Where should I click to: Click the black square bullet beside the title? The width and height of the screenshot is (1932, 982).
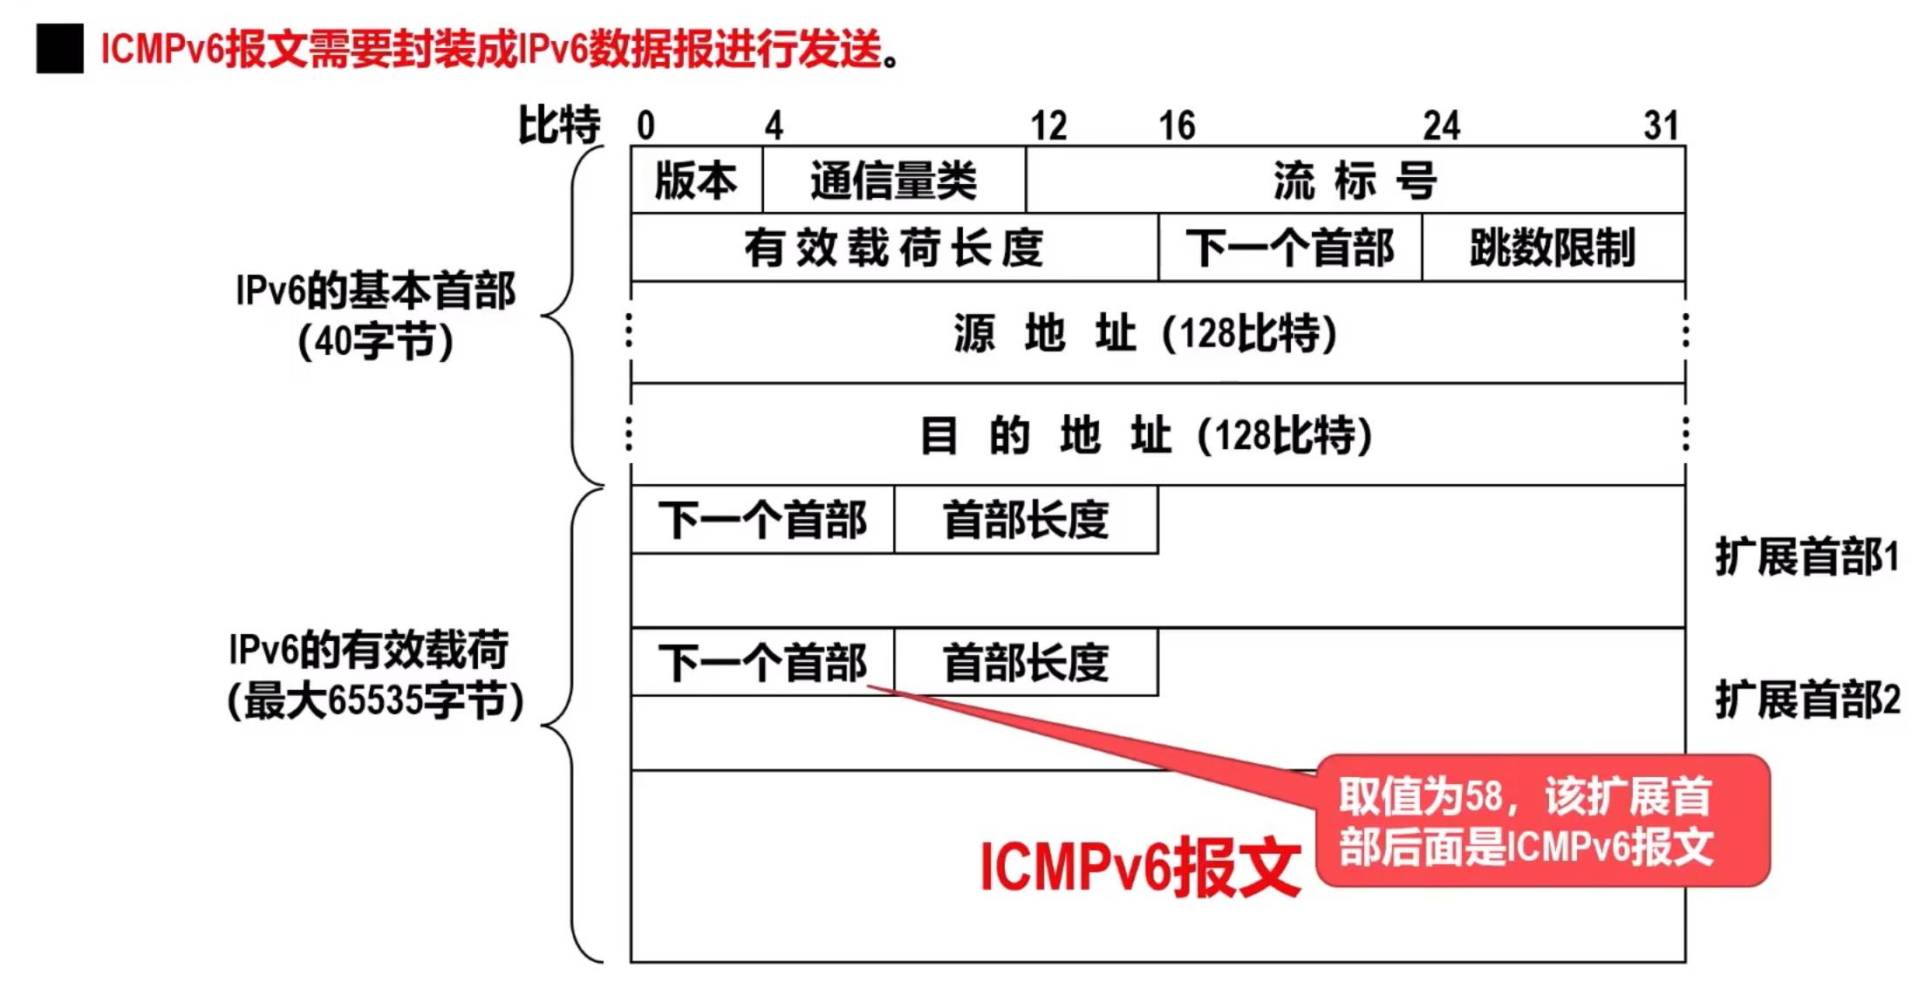click(59, 49)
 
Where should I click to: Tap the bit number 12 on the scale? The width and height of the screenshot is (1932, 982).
click(1048, 126)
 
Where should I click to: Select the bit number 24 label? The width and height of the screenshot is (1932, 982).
click(1441, 126)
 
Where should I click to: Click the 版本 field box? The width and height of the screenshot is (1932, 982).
click(696, 181)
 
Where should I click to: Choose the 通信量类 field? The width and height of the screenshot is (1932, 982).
click(893, 181)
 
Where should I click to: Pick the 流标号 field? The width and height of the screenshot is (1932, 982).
click(1355, 181)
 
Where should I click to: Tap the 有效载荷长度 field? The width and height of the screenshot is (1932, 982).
click(893, 248)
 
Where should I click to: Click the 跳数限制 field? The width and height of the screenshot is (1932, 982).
click(1553, 248)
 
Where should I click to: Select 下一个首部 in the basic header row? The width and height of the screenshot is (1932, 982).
click(1289, 248)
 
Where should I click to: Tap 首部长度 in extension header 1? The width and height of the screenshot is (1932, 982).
click(1026, 521)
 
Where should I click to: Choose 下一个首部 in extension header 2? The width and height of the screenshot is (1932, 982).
click(762, 663)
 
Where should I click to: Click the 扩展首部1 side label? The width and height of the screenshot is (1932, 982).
click(1806, 557)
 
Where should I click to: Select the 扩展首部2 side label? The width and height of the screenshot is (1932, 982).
click(1806, 699)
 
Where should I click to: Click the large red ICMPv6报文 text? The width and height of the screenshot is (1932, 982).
click(1139, 867)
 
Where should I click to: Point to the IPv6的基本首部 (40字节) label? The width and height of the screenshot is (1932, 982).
click(375, 315)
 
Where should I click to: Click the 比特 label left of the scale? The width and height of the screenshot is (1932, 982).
click(559, 125)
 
